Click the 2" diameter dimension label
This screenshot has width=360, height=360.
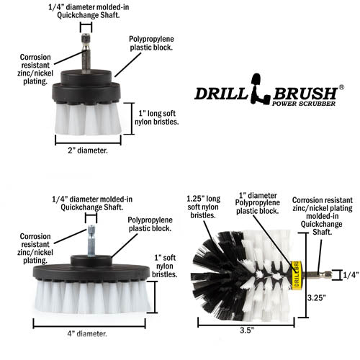pos(83,150)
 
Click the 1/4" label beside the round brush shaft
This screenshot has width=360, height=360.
pos(351,274)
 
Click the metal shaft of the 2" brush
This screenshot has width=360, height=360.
pos(86,55)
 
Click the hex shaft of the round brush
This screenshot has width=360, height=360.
pos(320,274)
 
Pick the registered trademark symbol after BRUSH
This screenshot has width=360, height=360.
pos(341,87)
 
